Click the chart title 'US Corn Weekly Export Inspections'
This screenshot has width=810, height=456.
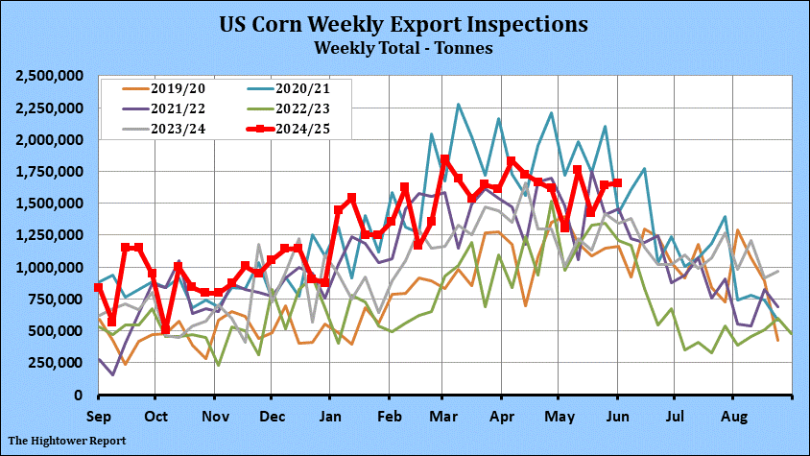(404, 22)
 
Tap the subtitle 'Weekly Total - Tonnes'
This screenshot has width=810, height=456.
(404, 45)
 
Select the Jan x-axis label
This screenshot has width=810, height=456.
(329, 418)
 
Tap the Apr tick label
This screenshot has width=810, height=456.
(502, 418)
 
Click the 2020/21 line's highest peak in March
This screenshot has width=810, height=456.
(459, 105)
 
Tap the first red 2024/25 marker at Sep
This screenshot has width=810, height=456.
(99, 288)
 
